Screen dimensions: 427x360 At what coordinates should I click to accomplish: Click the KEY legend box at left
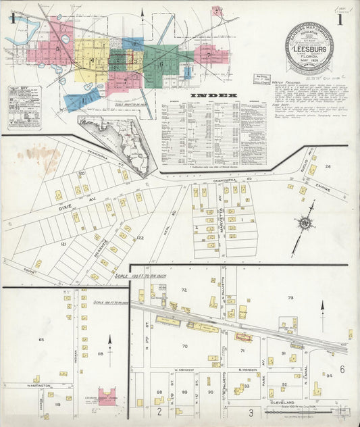[x=24, y=107]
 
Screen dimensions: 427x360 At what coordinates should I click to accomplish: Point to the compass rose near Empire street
[x=305, y=224]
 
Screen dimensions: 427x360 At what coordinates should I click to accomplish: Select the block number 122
[x=140, y=237]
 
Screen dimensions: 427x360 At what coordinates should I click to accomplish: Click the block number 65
[x=41, y=339]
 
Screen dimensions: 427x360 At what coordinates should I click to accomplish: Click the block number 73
[x=290, y=298]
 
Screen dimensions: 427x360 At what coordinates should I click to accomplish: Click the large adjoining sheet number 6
[x=342, y=369]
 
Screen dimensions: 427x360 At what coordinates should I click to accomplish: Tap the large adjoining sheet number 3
[x=250, y=412]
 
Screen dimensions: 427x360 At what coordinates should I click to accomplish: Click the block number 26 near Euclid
[x=328, y=166]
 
